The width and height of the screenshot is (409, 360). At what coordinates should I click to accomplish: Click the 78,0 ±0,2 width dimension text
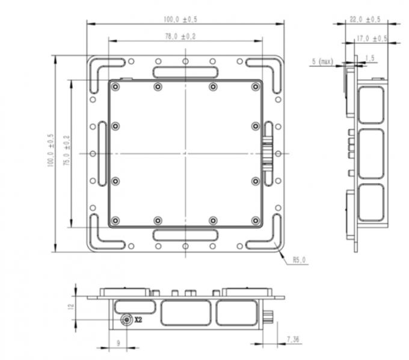coord(185,37)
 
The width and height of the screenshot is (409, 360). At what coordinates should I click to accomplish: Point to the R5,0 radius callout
coord(299,260)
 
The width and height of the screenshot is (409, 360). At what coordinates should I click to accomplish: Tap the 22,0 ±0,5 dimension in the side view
coord(365,19)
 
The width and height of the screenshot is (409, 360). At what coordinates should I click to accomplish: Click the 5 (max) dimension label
coord(322,61)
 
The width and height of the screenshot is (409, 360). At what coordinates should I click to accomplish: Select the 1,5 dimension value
coord(369,58)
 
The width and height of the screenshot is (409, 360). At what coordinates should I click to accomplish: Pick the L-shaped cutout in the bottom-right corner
coord(265,236)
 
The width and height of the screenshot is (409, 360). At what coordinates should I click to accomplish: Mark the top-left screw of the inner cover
coord(116,87)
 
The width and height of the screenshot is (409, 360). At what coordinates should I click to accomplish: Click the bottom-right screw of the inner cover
coord(255,221)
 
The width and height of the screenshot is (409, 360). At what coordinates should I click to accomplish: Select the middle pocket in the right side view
coord(371,153)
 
